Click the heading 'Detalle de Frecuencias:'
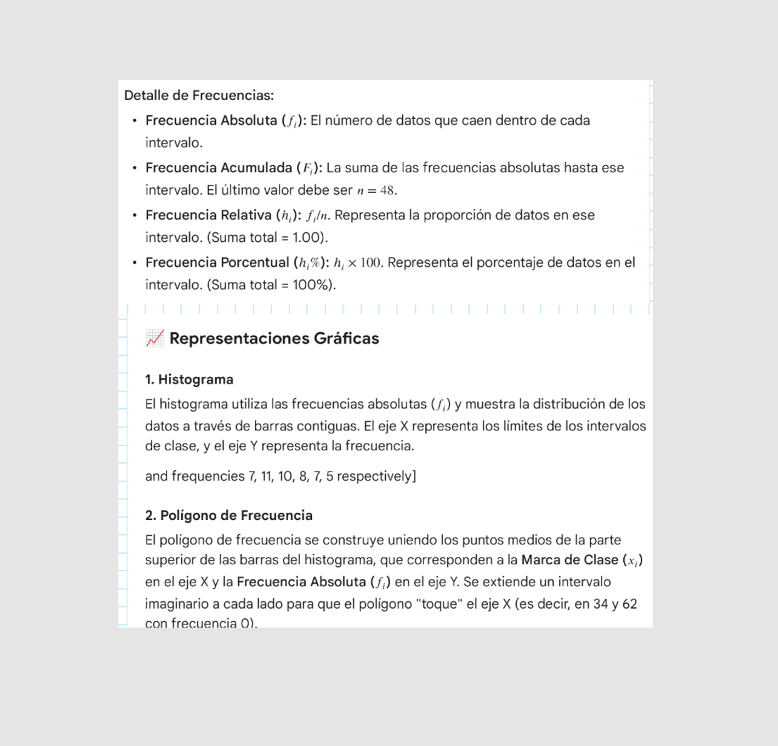(x=199, y=95)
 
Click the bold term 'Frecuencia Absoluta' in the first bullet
(x=211, y=120)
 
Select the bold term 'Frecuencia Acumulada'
(x=219, y=168)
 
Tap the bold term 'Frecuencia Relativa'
(x=209, y=215)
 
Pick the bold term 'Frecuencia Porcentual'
(x=217, y=262)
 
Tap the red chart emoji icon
(x=155, y=338)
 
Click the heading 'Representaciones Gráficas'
(x=274, y=339)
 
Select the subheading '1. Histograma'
(x=189, y=380)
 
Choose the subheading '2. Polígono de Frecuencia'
(x=229, y=515)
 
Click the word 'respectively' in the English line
(x=375, y=477)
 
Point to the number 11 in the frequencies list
(x=266, y=477)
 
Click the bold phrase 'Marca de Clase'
(x=569, y=560)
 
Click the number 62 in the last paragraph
(x=630, y=604)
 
